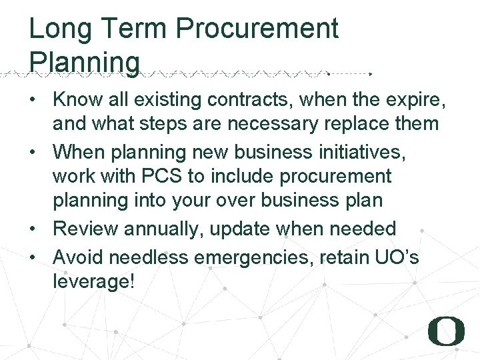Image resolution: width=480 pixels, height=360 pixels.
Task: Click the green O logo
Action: [446, 330]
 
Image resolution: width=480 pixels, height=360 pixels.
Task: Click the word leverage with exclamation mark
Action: [94, 281]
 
